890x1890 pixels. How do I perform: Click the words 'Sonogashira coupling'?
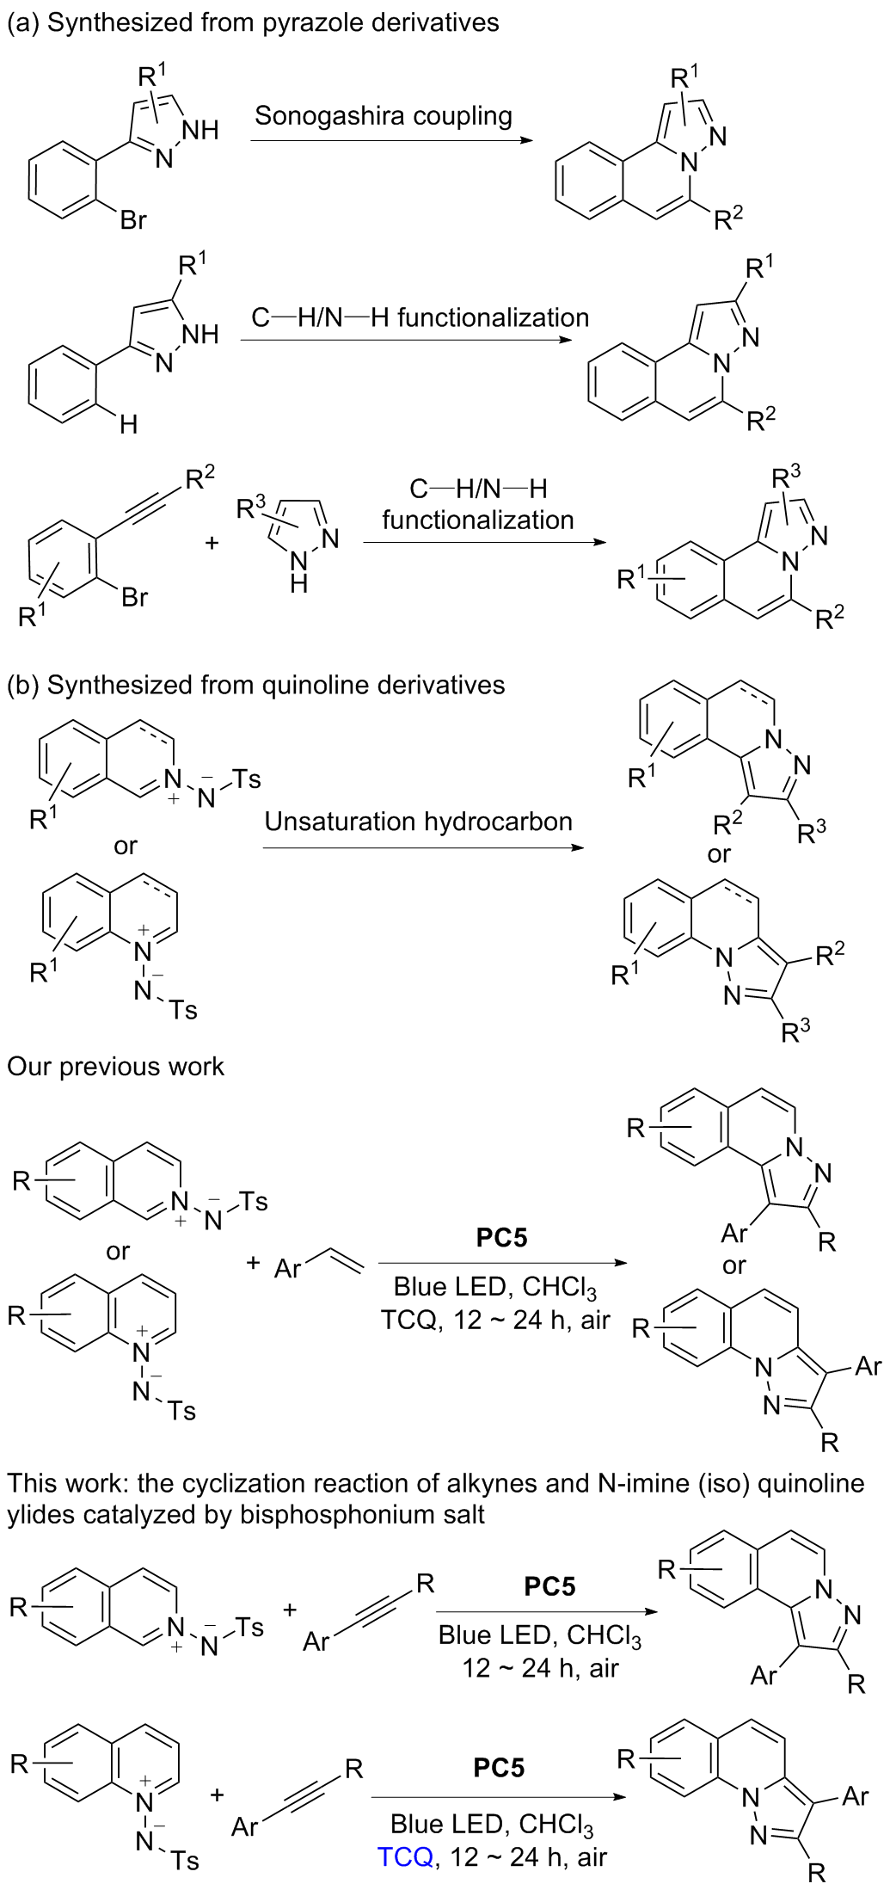pyautogui.click(x=384, y=116)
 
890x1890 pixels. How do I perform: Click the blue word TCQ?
pyautogui.click(x=405, y=1856)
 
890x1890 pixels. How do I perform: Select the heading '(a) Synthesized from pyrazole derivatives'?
pyautogui.click(x=253, y=22)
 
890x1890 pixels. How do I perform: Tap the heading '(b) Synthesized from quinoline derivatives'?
pyautogui.click(x=256, y=685)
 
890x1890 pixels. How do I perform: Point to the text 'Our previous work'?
pyautogui.click(x=115, y=1067)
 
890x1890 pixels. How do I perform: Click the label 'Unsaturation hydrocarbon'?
pyautogui.click(x=418, y=822)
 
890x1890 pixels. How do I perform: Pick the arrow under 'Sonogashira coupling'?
pyautogui.click(x=391, y=139)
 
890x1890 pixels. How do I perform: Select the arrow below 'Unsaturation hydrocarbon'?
pyautogui.click(x=422, y=848)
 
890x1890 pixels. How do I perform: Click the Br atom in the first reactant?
pyautogui.click(x=133, y=220)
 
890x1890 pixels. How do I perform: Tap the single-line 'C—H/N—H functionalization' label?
pyautogui.click(x=420, y=318)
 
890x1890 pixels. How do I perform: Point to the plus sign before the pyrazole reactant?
pyautogui.click(x=212, y=543)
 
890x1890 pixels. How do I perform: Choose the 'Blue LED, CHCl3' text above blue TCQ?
pyautogui.click(x=491, y=1824)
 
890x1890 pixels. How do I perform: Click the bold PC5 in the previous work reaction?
pyautogui.click(x=501, y=1238)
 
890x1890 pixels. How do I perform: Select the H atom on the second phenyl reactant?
pyautogui.click(x=128, y=424)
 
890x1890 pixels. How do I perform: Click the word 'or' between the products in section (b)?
pyautogui.click(x=719, y=854)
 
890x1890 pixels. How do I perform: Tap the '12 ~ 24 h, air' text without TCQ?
pyautogui.click(x=540, y=1668)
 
